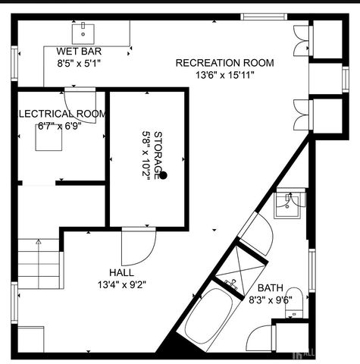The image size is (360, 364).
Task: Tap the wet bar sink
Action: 83,33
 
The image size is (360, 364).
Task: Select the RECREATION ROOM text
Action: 224,63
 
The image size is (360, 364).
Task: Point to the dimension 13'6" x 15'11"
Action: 224,75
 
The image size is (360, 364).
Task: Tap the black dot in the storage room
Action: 162,175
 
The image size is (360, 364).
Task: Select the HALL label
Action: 121,272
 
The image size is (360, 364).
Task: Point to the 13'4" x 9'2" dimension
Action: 121,285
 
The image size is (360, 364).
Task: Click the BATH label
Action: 270,287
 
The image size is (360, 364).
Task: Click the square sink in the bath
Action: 289,202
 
